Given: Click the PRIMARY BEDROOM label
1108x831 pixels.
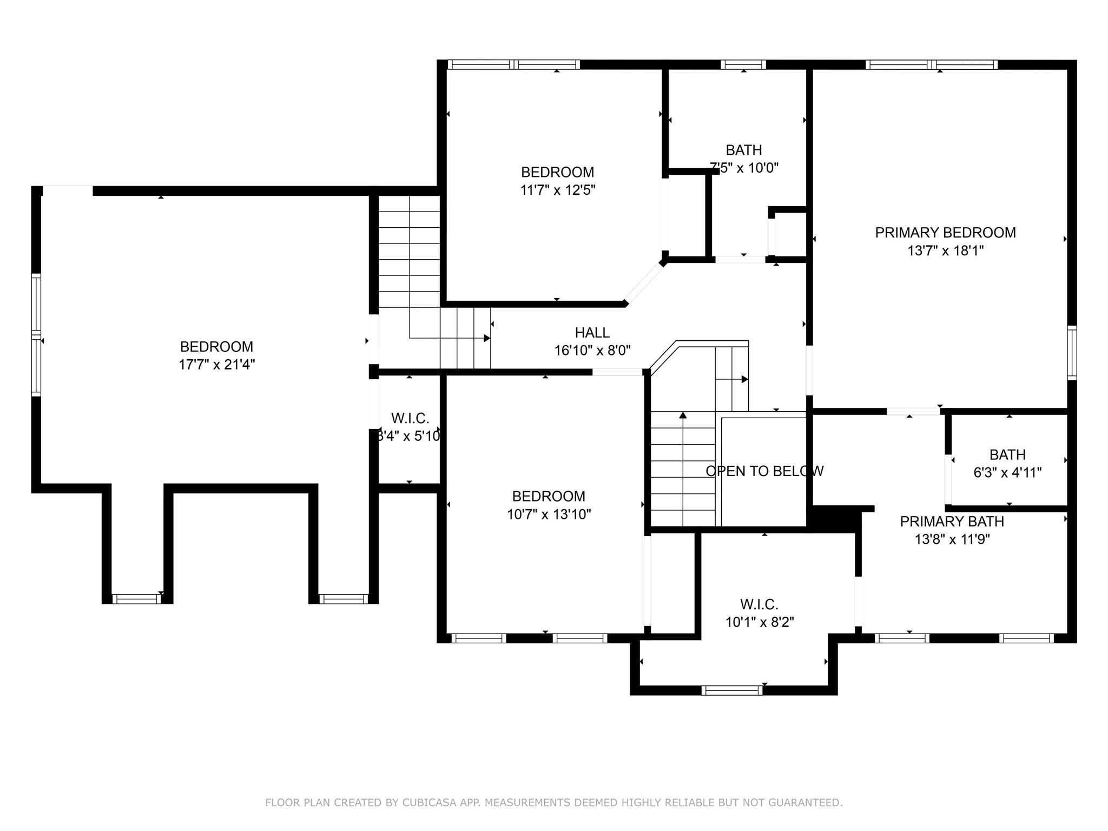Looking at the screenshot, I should pos(945,233).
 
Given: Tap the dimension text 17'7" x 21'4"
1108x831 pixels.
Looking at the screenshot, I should pos(216,365).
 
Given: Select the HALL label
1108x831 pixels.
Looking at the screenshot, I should pos(592,332).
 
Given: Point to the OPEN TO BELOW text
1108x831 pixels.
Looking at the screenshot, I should pos(764,471).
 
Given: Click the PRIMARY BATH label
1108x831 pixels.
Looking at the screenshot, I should pos(952,522).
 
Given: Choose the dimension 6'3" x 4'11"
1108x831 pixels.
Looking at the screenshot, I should pos(1007,473).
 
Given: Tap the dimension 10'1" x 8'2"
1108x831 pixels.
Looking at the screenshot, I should pos(759,622).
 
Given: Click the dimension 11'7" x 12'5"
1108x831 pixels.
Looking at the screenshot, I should pos(557,190).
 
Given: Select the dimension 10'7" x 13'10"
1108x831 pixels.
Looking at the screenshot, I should pos(549,515).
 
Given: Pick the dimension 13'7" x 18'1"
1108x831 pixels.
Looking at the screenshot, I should pos(945,251).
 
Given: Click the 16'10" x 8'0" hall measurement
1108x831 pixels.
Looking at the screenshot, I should pos(592,351).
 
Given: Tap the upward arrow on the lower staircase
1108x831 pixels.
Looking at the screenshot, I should pos(683,415).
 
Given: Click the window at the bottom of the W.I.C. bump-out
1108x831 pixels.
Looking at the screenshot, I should pos(732,690).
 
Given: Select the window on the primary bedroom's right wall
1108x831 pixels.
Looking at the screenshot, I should pos(1071,352).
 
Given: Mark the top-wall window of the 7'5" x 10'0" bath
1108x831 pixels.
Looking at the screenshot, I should pos(743,65).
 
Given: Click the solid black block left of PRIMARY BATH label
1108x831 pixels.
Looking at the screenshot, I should pos(836,518).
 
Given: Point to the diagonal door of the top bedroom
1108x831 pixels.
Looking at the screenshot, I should pos(644,283).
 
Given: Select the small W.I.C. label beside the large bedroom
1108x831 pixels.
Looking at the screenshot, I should pos(410,418).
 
